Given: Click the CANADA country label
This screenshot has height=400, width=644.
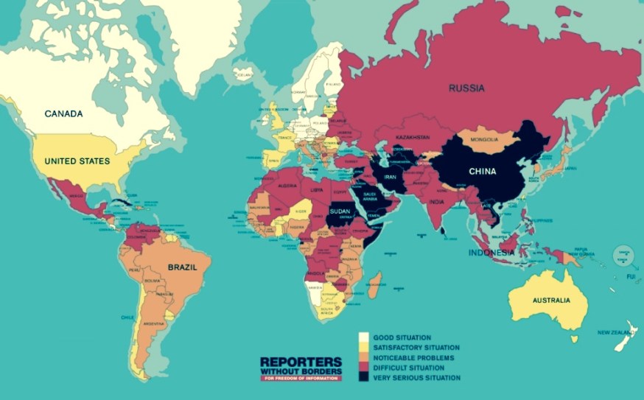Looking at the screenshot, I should [63, 114].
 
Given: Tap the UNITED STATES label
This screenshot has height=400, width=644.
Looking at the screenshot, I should [77, 161].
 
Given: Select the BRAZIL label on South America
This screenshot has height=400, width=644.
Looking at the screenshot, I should [183, 268].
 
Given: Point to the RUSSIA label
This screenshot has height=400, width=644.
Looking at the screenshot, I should [466, 88].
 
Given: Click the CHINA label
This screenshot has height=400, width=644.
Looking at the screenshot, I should [483, 172].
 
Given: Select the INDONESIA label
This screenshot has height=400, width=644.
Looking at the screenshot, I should [491, 253].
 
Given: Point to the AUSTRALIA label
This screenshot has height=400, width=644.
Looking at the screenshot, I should [551, 301].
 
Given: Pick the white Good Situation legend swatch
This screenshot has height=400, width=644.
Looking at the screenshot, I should [363, 338].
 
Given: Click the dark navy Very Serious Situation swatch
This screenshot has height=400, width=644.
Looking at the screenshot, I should [363, 377].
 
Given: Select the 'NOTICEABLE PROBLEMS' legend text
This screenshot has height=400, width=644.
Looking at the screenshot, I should [413, 358].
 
